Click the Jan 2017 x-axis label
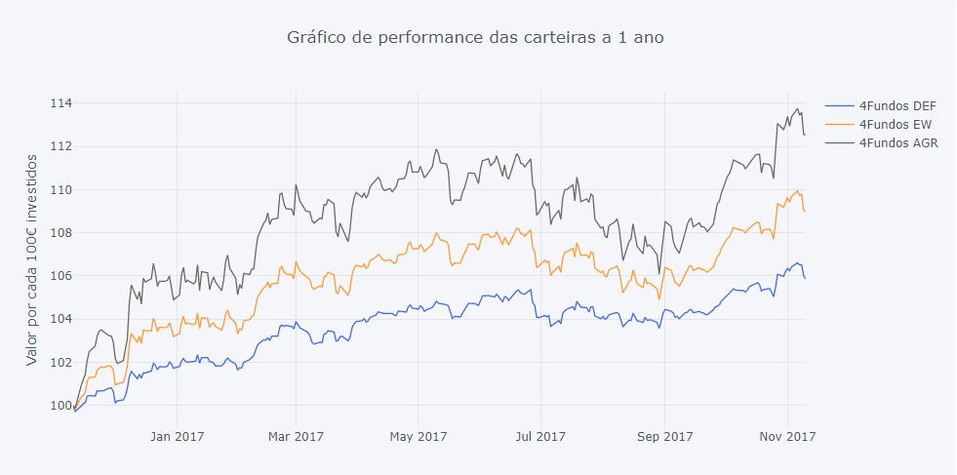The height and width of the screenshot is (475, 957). tap(177, 436)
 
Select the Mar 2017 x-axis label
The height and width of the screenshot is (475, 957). tap(296, 436)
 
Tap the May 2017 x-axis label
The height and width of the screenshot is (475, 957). tap(418, 436)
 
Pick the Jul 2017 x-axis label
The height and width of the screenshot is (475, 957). tap(539, 436)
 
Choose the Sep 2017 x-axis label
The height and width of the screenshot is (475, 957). tap(664, 436)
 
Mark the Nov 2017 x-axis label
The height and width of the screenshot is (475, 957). tap(786, 436)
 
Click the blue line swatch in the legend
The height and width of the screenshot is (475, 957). tap(839, 106)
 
